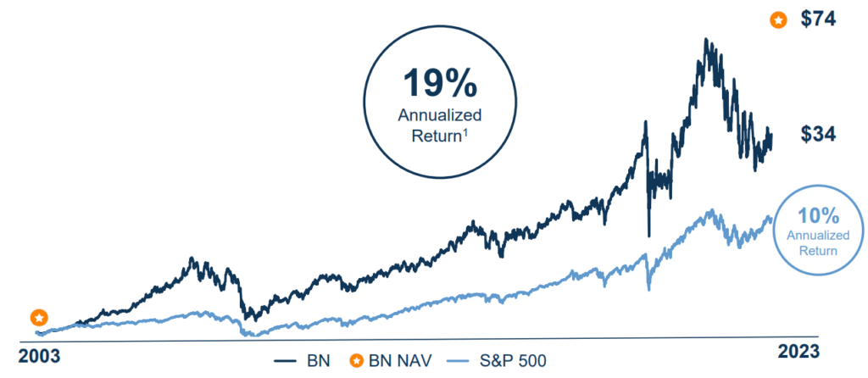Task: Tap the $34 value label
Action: click(819, 134)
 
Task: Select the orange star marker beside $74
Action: click(777, 20)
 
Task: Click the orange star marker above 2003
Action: click(39, 318)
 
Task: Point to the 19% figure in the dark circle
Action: click(440, 86)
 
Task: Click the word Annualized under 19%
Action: click(440, 115)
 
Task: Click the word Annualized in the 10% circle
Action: click(813, 235)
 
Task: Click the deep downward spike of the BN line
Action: click(648, 235)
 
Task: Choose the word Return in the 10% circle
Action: click(813, 250)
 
